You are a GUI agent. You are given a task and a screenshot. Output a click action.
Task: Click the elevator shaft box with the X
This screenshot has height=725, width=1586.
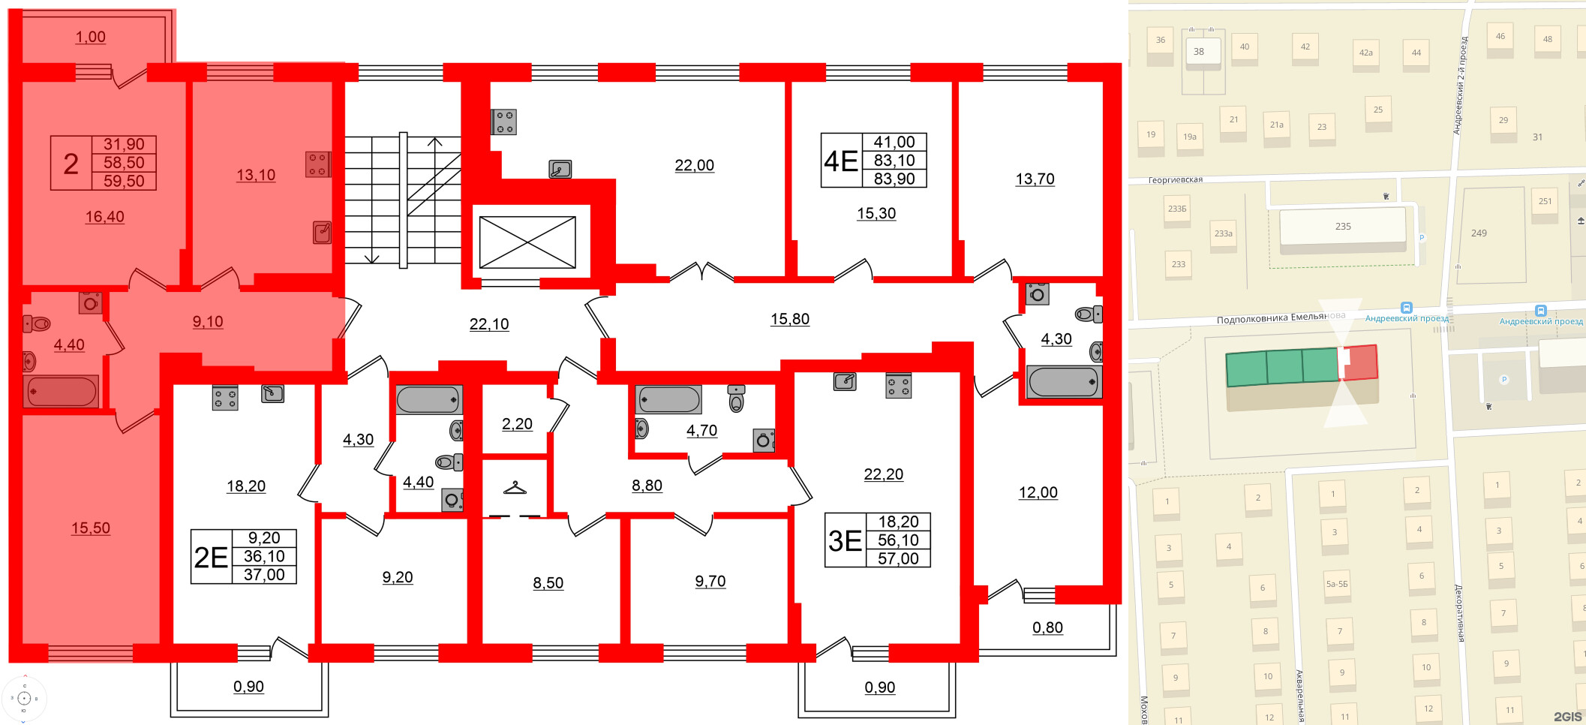click(527, 242)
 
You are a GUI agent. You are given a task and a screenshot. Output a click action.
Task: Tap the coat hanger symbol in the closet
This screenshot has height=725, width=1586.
click(515, 488)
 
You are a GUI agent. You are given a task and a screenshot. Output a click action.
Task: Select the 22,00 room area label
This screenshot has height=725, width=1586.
click(694, 165)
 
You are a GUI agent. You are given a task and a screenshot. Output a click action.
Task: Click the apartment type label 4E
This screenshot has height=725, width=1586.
click(840, 161)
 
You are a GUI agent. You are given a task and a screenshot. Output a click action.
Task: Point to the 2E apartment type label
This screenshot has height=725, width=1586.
click(211, 557)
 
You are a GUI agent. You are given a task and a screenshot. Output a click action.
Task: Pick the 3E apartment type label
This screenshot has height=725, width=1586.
click(845, 540)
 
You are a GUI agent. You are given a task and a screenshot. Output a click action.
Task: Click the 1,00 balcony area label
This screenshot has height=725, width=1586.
click(90, 37)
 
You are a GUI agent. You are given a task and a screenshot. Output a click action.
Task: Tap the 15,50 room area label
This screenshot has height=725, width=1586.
click(91, 528)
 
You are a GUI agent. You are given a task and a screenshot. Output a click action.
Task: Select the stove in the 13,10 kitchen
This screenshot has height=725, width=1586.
click(317, 164)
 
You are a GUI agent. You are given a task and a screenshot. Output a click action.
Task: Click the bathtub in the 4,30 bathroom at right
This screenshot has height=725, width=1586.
click(1063, 382)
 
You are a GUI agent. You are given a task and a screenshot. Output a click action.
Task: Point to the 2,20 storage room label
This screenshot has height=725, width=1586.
click(517, 424)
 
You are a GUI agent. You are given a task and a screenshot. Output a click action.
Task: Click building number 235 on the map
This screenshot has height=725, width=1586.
click(1343, 227)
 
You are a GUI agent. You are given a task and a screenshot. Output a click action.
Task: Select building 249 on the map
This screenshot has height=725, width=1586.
click(1479, 233)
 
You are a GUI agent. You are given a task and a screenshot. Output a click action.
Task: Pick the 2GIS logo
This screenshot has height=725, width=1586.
click(1566, 717)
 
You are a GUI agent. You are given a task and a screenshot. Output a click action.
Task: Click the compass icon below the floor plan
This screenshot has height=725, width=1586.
click(24, 698)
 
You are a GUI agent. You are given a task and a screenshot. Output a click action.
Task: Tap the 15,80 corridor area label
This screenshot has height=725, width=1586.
click(789, 319)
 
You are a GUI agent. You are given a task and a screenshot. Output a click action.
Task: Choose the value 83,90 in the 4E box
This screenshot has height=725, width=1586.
click(894, 179)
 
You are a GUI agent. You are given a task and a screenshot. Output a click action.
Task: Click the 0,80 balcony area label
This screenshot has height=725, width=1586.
click(1047, 627)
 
